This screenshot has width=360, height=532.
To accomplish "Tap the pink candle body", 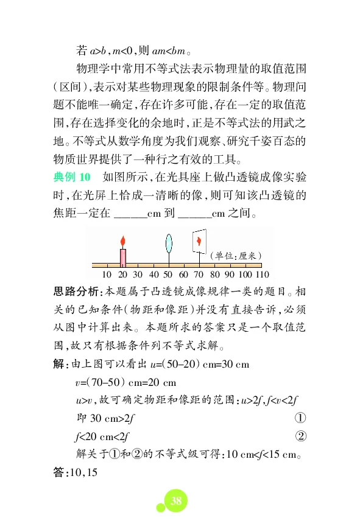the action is (122, 257).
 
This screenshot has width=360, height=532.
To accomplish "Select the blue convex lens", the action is (169, 243).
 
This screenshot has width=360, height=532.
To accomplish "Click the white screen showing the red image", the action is (199, 242).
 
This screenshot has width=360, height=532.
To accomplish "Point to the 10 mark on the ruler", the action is (107, 275).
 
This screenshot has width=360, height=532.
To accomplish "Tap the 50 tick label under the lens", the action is (169, 275).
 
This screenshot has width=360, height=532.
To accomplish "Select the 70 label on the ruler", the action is (199, 275).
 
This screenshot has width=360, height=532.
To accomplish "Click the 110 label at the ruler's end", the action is (263, 275).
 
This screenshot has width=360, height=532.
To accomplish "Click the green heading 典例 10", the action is (72, 177).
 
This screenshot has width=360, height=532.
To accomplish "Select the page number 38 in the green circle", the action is (175, 500).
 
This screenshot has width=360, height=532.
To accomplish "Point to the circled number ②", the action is (300, 436).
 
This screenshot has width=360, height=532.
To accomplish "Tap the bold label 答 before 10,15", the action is (60, 472).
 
